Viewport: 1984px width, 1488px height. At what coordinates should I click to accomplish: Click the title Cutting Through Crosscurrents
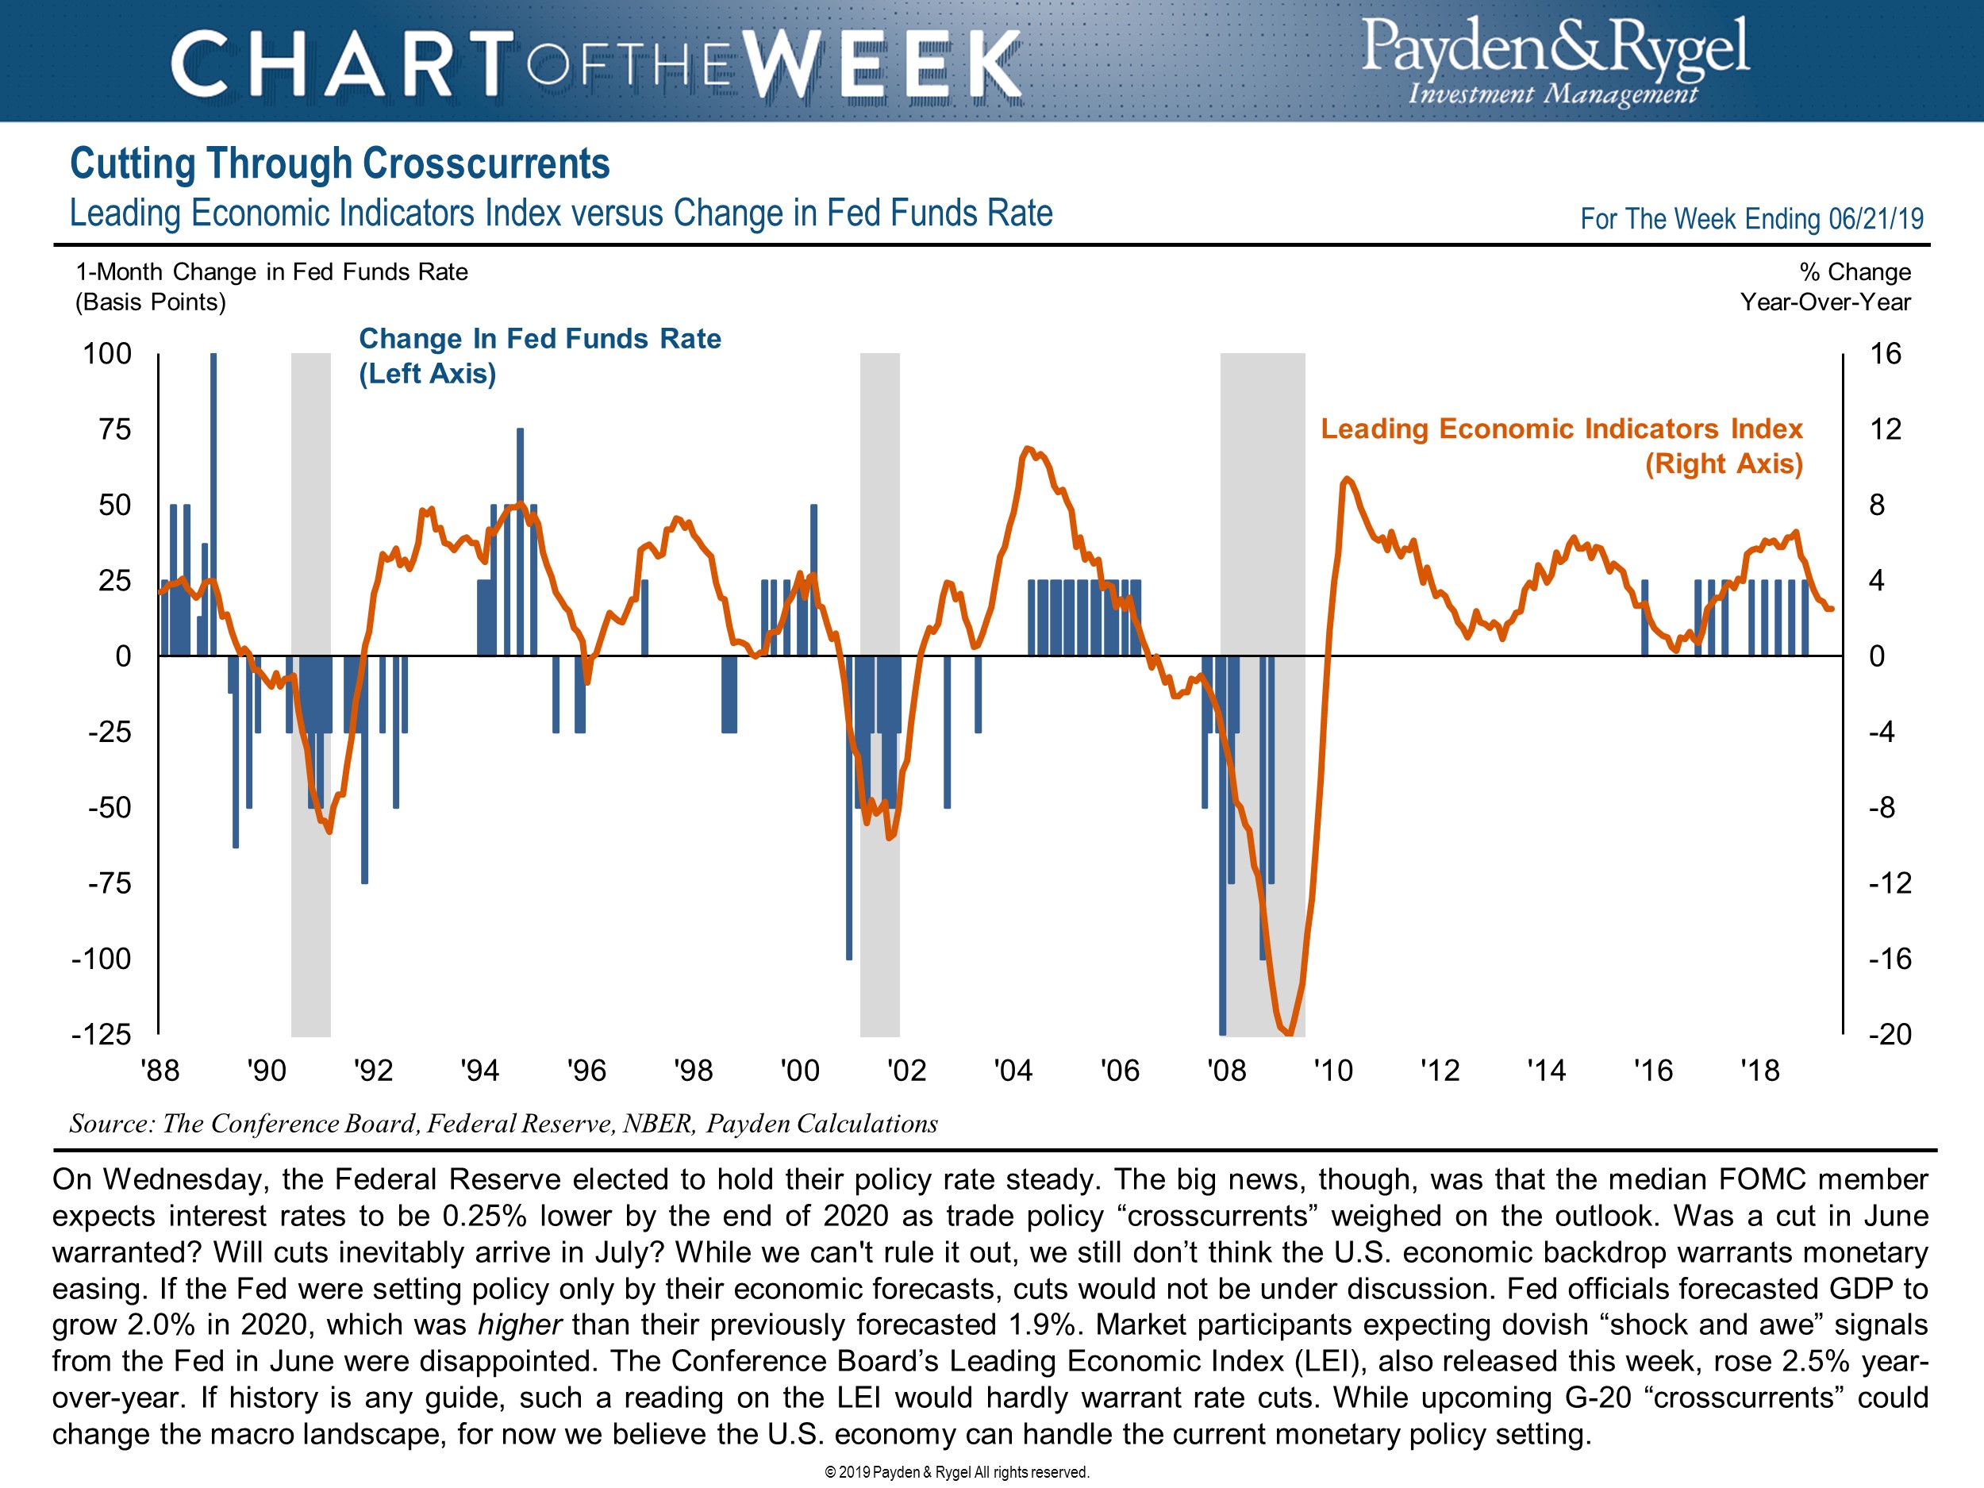340,164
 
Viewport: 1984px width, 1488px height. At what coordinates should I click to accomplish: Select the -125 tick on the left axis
102,1034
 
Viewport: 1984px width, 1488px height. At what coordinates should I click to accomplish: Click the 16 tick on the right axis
1885,353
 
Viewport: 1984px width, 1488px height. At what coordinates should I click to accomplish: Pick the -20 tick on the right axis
1889,1034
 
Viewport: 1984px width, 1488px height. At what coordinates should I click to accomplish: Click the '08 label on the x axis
1225,1070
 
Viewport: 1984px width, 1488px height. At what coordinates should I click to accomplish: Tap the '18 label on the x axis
1759,1070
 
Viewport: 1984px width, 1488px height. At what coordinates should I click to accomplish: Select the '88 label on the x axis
160,1070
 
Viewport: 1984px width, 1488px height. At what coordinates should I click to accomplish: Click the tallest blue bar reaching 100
213,502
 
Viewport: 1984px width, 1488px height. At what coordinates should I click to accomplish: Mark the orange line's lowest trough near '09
1289,1032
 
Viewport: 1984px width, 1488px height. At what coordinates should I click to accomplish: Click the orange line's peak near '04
1028,448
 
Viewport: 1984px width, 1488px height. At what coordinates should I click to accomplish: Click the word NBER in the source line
659,1124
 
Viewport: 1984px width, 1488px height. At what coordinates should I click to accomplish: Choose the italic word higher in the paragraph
519,1324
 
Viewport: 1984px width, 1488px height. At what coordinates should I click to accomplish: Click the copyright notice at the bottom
956,1472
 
